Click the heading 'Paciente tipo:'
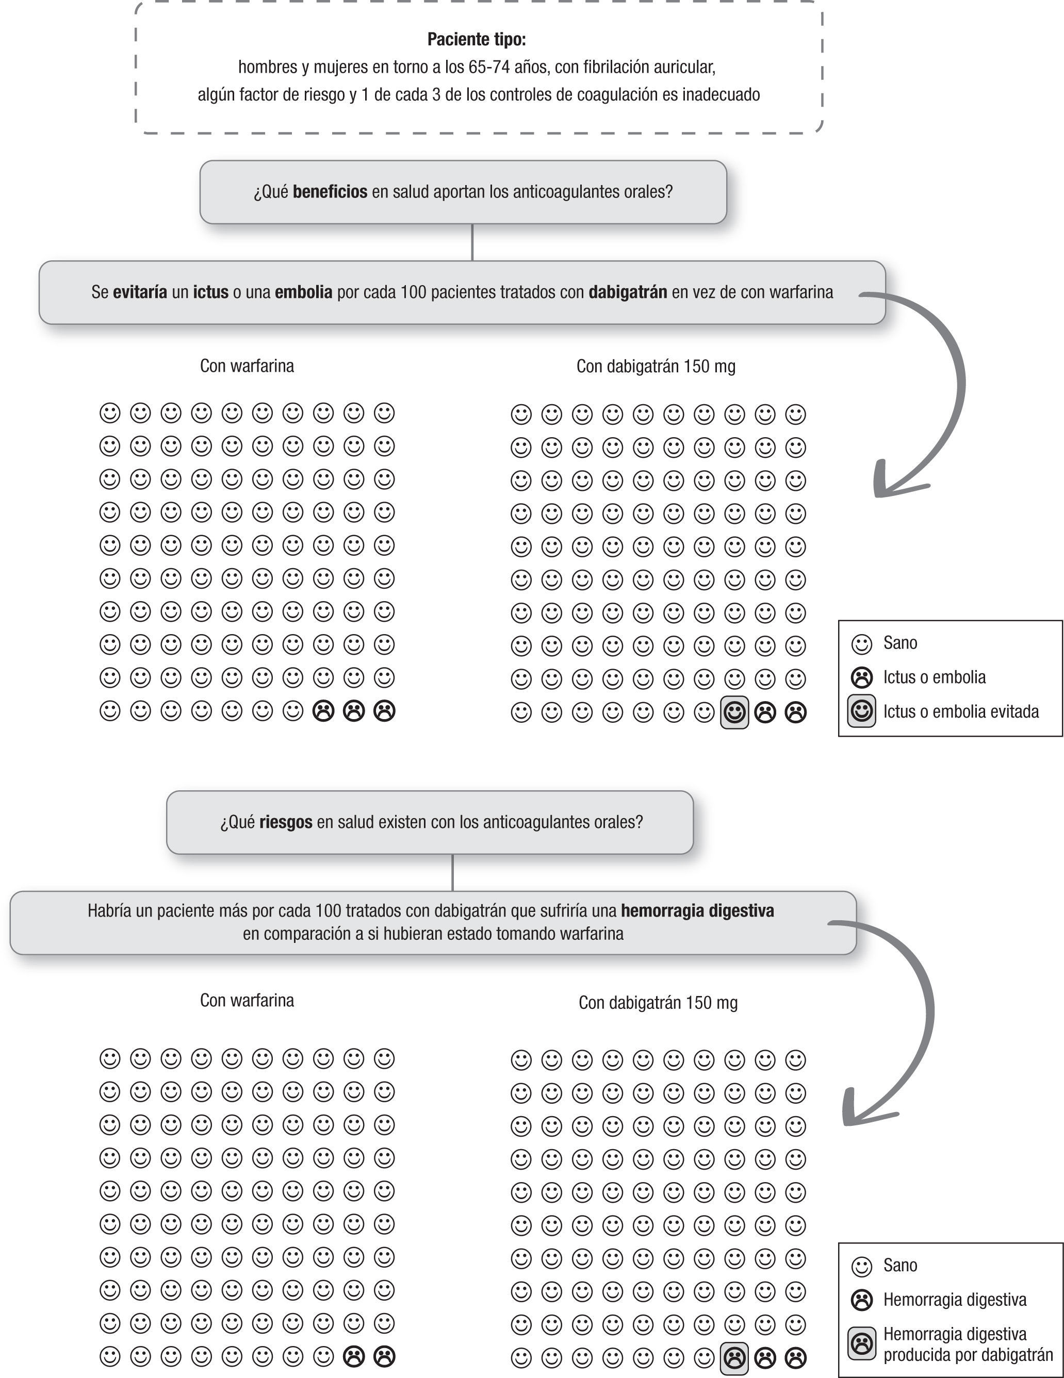coord(477,40)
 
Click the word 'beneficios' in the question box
coord(330,192)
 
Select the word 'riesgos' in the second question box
coord(285,822)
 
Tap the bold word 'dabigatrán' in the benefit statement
coord(627,292)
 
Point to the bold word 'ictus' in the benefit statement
coord(211,292)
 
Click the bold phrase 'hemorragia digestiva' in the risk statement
coord(697,910)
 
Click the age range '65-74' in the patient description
coord(488,67)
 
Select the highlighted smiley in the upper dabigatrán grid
coord(734,712)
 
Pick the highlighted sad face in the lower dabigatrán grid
coord(734,1357)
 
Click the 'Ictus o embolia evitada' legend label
coord(960,712)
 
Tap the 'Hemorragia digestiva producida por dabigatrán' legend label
coord(968,1344)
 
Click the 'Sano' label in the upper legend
coord(900,643)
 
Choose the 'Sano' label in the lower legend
coord(900,1265)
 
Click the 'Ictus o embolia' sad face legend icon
coord(861,677)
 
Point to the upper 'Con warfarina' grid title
coord(247,366)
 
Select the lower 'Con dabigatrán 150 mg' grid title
coord(658,1003)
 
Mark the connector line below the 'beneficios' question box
coord(472,242)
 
